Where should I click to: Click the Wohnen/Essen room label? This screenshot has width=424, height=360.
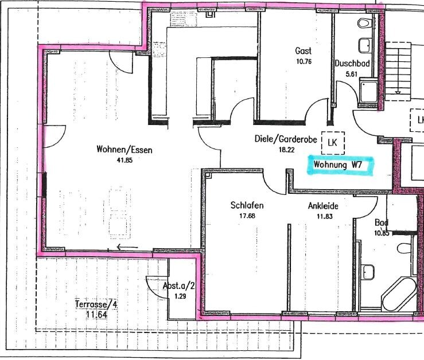point(125,150)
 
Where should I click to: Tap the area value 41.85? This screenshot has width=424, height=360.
point(125,161)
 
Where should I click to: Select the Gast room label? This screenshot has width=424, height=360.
point(304,51)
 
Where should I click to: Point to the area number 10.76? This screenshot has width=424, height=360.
point(304,61)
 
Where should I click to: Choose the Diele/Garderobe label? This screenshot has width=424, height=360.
point(286,139)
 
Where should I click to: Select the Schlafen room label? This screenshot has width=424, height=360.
point(247,205)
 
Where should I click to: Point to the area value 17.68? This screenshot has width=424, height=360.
point(247,216)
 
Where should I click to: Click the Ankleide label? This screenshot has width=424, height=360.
point(323,206)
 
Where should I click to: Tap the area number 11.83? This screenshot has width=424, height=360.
point(325,217)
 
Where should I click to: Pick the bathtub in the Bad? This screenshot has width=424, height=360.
point(399,292)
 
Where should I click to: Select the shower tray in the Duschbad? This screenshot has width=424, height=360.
point(368,91)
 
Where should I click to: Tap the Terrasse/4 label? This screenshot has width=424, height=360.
point(96,304)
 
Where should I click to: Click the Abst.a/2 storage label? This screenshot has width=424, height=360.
point(179,285)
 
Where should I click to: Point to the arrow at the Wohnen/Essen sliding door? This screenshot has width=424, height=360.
point(127,247)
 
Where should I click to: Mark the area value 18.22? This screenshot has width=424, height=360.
point(287,150)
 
